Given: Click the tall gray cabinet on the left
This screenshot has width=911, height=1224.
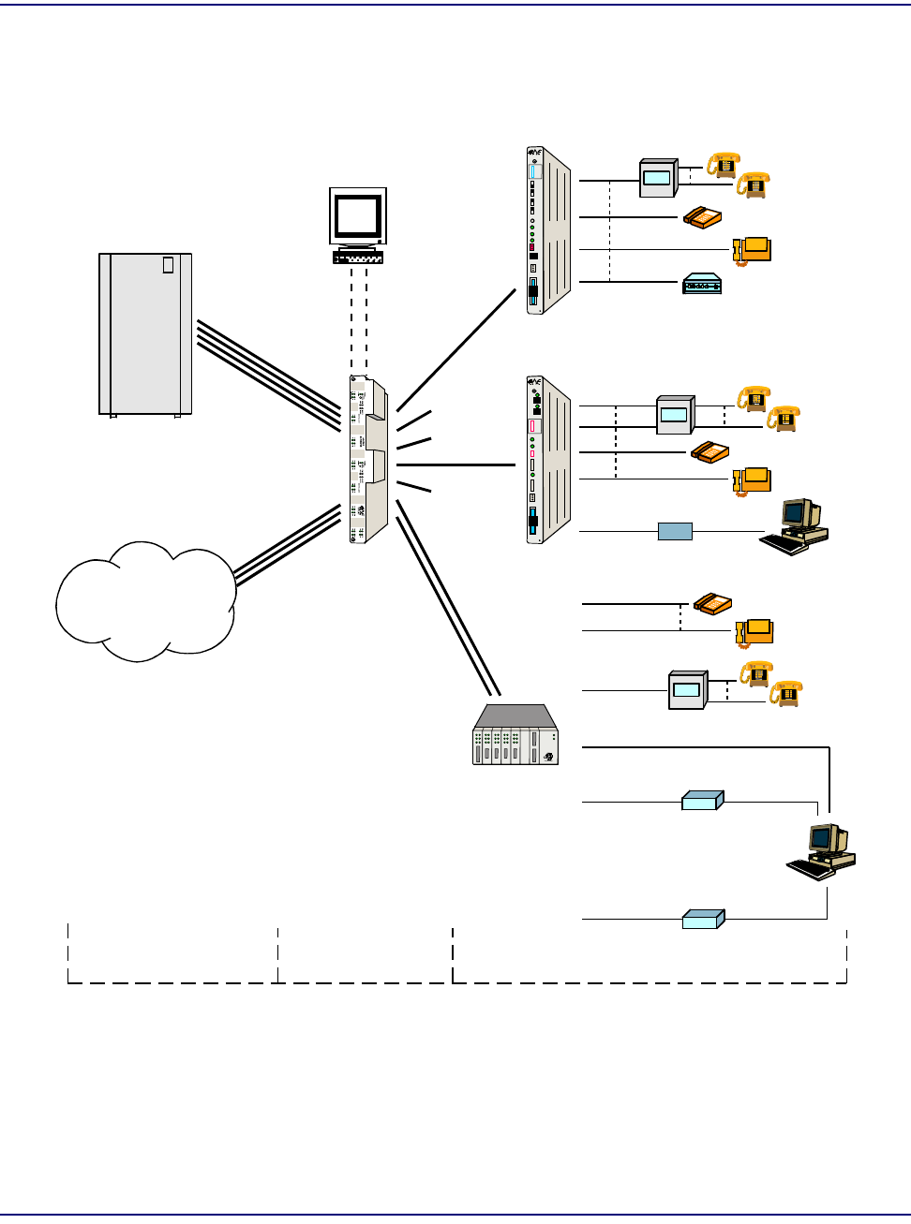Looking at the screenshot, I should coord(145,333).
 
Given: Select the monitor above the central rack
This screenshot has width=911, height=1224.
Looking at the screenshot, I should coord(358,216).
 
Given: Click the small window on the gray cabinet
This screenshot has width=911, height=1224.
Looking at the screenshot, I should coord(168,264).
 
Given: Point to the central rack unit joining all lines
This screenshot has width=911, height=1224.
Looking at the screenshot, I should coord(368,460).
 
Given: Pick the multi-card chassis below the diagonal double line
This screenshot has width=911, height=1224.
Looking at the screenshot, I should coord(515,735).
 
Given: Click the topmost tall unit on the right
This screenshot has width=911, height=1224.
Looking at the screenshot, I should coord(548,230).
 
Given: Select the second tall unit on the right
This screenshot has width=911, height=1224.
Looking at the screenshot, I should coord(548,460).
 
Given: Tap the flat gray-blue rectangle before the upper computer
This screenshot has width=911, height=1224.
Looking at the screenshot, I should coord(675,532).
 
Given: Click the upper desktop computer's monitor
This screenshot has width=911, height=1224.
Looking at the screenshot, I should coord(799,514).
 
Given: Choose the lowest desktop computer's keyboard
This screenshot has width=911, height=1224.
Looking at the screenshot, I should coord(809,869).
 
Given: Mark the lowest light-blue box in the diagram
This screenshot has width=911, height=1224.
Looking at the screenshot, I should coord(703,919).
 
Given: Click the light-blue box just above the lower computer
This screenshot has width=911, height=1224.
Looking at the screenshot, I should coord(702,801).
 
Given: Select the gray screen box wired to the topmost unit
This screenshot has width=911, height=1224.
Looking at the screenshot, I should coord(658,178).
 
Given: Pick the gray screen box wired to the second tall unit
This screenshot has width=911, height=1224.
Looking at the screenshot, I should coord(675,414).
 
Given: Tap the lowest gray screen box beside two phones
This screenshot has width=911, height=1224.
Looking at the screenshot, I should coord(687,690).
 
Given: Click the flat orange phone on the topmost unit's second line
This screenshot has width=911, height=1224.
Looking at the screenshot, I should coord(702,217).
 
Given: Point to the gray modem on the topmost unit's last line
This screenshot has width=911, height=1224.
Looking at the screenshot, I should coord(702,283).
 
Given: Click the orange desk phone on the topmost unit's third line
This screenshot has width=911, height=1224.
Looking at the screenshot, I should coord(753,250).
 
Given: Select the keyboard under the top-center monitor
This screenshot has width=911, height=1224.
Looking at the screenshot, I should coord(358,257).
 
